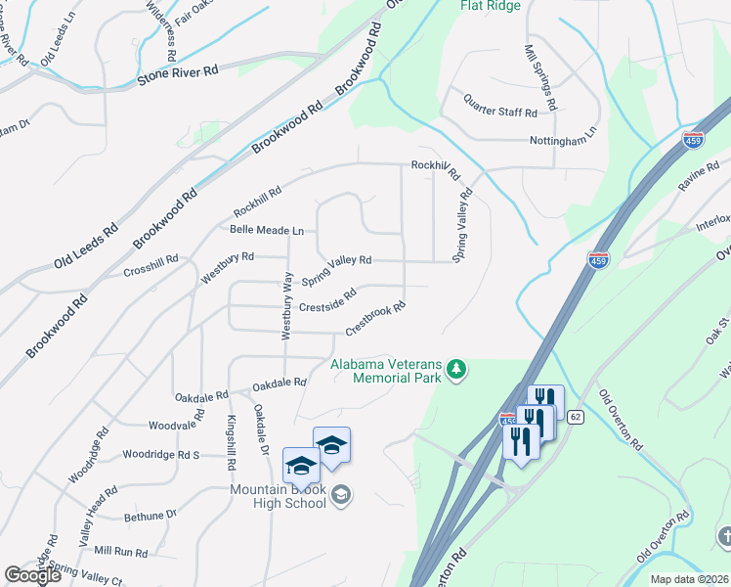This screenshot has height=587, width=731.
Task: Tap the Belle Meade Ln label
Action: tap(267, 230)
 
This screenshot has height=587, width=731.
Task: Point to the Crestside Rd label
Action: tap(327, 305)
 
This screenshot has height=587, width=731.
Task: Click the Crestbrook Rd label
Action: tap(375, 320)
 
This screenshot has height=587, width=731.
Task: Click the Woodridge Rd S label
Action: tap(161, 455)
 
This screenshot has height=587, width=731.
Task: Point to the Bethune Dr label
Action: tap(150, 514)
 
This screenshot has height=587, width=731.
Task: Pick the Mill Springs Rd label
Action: tap(540, 76)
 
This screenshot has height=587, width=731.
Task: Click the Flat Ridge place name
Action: tap(491, 6)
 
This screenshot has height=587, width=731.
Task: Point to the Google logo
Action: tap(33, 575)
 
